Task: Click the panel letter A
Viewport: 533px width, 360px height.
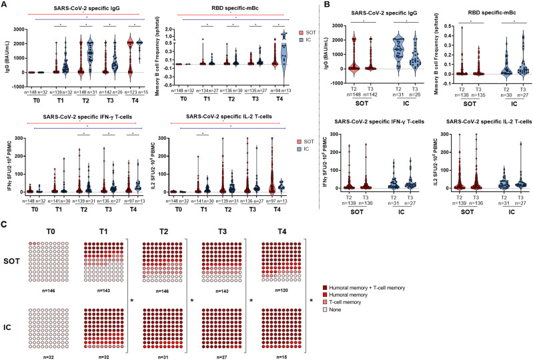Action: click(x=5, y=5)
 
